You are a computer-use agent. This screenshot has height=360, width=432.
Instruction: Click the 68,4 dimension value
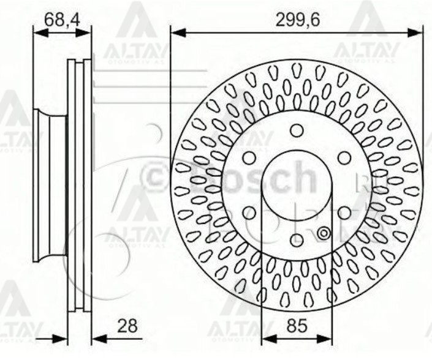61,20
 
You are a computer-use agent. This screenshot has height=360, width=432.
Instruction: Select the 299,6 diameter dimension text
297,20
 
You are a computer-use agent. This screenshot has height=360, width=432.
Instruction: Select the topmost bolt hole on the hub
297,130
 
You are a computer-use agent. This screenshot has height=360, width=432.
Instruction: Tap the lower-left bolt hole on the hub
250,212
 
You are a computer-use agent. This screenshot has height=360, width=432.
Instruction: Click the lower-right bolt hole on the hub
344,212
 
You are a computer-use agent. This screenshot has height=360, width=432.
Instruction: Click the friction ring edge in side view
79,184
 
